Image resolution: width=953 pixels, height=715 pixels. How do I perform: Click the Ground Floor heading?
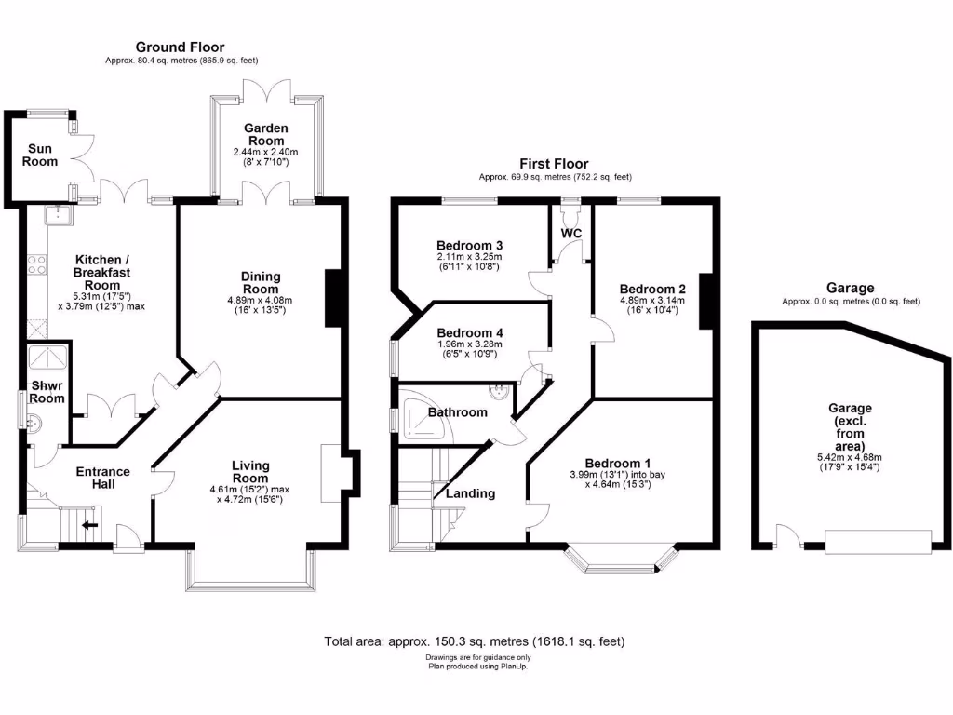180,47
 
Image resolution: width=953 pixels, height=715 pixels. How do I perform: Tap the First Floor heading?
554,164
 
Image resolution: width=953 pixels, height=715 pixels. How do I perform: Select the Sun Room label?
41,155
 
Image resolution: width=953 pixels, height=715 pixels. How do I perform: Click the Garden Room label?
266,134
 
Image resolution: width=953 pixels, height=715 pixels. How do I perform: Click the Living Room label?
250,472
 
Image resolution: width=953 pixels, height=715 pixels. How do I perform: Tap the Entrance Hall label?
103,478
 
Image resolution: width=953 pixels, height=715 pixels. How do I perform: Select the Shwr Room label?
47,392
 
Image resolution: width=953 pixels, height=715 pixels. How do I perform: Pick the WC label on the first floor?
570,232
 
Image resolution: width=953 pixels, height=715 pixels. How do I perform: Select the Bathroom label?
457,412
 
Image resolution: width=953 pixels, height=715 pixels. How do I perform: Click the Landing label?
470,493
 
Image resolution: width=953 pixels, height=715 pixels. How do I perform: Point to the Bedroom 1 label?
617,464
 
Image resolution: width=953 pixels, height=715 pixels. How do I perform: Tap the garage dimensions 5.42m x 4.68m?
851,461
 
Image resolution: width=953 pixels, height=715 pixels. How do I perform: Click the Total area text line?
475,641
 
